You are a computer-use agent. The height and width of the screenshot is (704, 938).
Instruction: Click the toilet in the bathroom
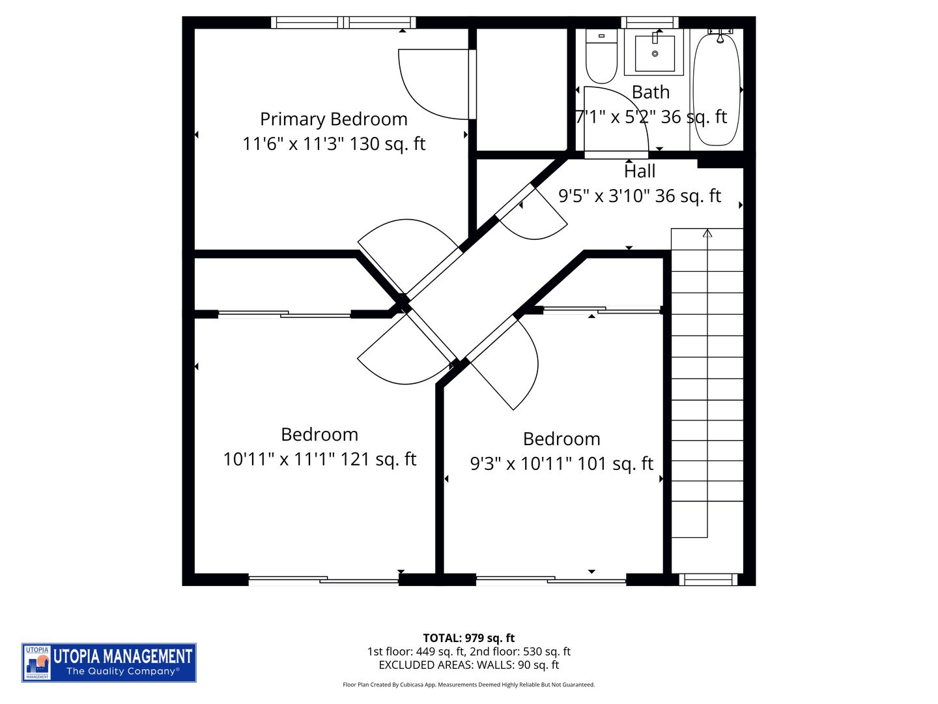(x=601, y=56)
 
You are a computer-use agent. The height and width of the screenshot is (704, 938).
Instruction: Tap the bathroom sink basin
(x=655, y=53)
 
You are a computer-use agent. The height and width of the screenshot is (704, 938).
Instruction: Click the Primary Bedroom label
(x=334, y=119)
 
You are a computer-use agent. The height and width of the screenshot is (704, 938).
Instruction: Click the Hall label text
(x=640, y=171)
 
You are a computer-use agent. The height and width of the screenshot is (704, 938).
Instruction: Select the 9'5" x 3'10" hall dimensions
(x=640, y=196)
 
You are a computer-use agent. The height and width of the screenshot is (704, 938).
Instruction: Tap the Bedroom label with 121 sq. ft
(x=319, y=435)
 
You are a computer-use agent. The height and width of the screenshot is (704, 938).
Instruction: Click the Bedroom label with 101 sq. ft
(x=561, y=439)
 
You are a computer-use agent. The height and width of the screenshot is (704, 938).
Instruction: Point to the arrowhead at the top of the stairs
(x=707, y=233)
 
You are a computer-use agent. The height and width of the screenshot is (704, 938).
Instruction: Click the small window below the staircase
(x=707, y=579)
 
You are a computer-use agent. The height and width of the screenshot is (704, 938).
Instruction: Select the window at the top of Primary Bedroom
(x=343, y=23)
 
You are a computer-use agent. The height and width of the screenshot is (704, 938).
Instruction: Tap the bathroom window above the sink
(x=649, y=23)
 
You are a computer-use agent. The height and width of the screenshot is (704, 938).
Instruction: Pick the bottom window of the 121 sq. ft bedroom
(x=323, y=579)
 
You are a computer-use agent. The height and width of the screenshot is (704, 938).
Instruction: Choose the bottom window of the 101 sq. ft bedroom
(x=550, y=579)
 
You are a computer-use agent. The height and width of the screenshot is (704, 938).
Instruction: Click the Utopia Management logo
(x=109, y=662)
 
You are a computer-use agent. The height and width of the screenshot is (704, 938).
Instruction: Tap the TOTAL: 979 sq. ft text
(x=469, y=638)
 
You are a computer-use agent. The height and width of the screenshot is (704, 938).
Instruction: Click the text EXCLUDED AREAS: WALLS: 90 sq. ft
(x=469, y=665)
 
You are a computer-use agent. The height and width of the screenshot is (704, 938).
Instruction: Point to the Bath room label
(x=651, y=93)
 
